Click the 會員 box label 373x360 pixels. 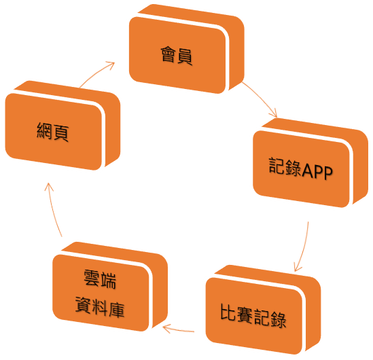click(x=177, y=56)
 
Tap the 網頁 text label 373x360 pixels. click(x=53, y=132)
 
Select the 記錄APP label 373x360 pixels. click(x=301, y=168)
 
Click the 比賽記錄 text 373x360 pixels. click(x=253, y=316)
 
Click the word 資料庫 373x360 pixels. click(x=100, y=307)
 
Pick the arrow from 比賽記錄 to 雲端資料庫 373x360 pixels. click(x=179, y=329)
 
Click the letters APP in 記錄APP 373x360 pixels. click(x=317, y=171)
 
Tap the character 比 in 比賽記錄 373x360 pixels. click(x=228, y=312)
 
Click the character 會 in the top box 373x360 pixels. click(x=168, y=54)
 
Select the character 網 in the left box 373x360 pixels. click(x=44, y=130)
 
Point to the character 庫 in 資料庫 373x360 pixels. click(x=117, y=310)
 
